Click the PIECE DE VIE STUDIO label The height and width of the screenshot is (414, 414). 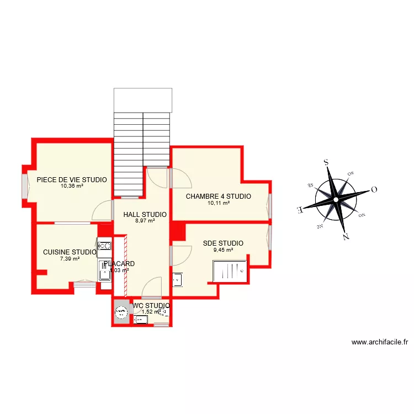pyautogui.click(x=72, y=179)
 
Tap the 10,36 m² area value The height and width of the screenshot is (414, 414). pyautogui.click(x=72, y=186)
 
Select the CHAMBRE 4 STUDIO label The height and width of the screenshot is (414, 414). pyautogui.click(x=218, y=196)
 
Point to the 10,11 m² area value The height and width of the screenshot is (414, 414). pyautogui.click(x=218, y=203)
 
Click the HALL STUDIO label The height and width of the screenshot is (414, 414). pyautogui.click(x=145, y=215)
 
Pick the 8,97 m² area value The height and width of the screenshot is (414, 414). pyautogui.click(x=145, y=221)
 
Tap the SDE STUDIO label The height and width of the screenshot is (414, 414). pyautogui.click(x=223, y=243)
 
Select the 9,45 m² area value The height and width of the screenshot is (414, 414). pyautogui.click(x=223, y=250)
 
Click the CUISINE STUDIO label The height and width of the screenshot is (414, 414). pyautogui.click(x=70, y=252)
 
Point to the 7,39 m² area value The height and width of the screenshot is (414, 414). pyautogui.click(x=70, y=259)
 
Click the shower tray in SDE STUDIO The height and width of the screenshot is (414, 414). pyautogui.click(x=230, y=272)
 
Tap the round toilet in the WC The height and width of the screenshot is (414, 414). pyautogui.click(x=121, y=314)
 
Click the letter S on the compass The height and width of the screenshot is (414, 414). pyautogui.click(x=326, y=162)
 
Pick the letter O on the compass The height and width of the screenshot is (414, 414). pyautogui.click(x=374, y=189)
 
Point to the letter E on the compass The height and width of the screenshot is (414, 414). pyautogui.click(x=300, y=210)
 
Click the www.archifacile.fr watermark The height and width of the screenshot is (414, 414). pyautogui.click(x=380, y=342)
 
